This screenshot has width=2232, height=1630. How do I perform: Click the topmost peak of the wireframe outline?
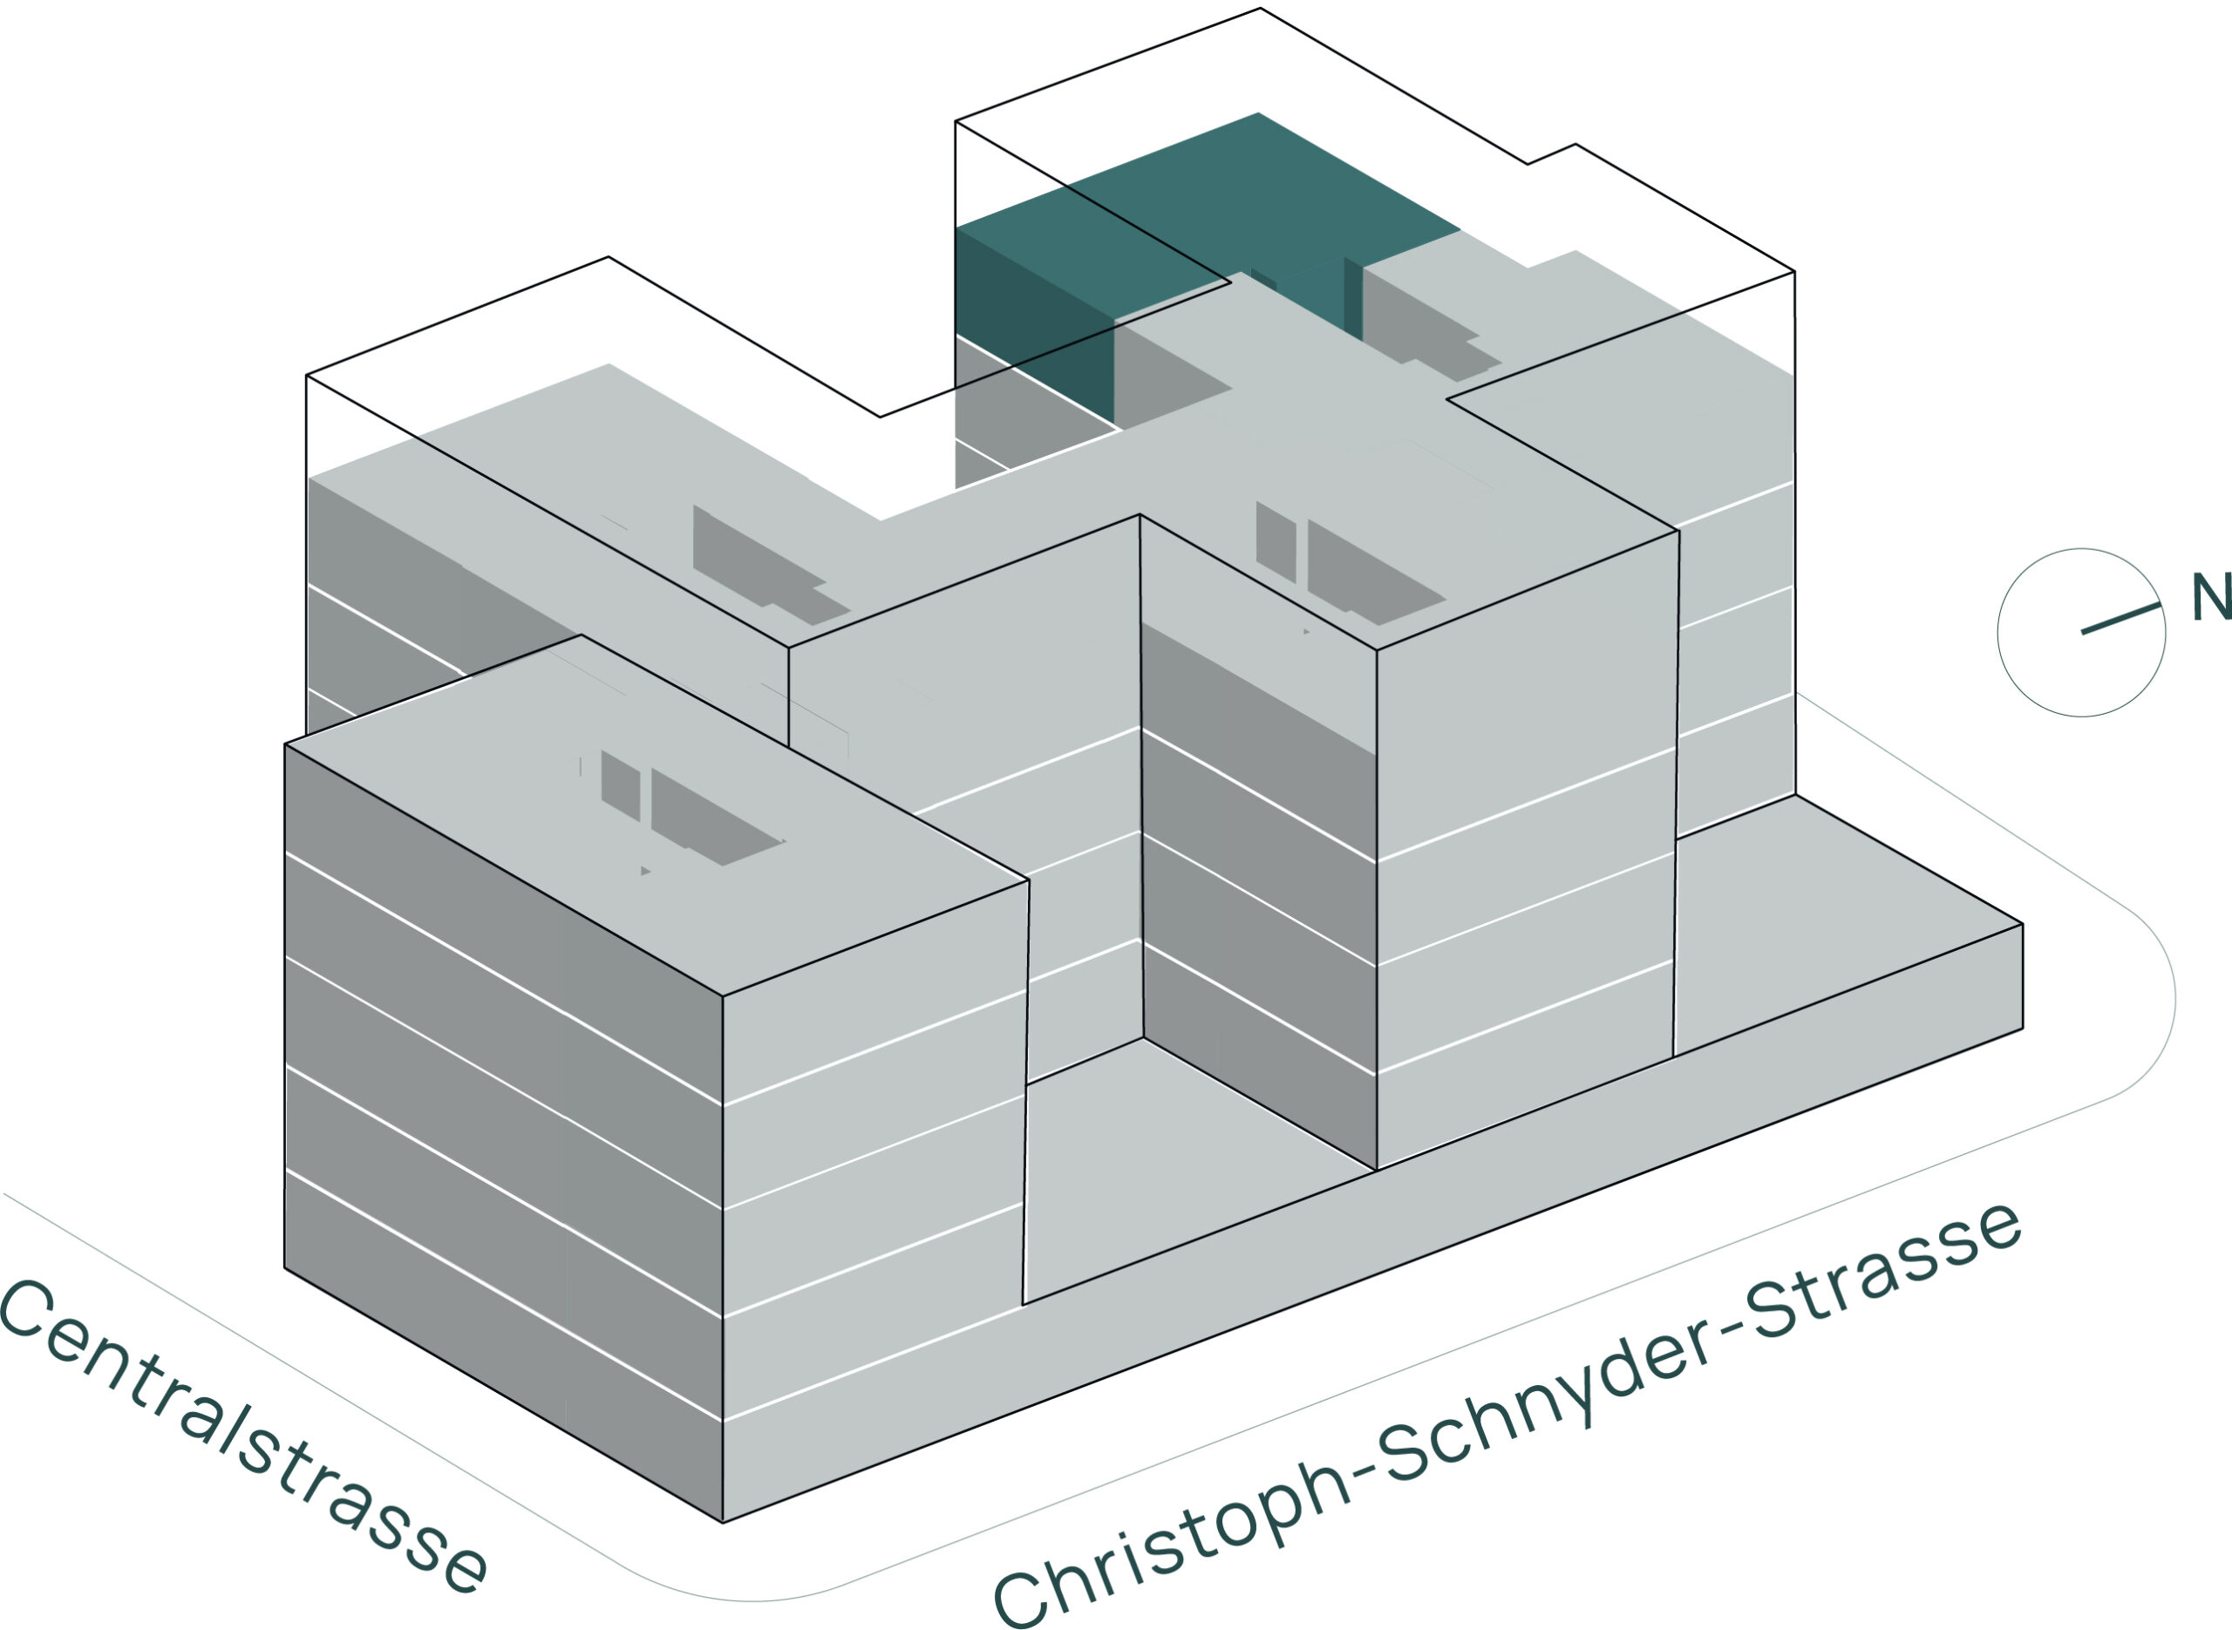[1260, 8]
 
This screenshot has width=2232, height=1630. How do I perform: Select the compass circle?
[2082, 634]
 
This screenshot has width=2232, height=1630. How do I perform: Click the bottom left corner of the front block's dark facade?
[285, 1268]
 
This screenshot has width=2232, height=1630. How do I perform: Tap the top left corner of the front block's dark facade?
[285, 744]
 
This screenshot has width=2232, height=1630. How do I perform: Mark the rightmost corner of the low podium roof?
[2023, 925]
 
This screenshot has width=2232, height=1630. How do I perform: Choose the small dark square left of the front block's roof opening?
[621, 785]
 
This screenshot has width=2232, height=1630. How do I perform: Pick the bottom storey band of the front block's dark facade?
[503, 1345]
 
